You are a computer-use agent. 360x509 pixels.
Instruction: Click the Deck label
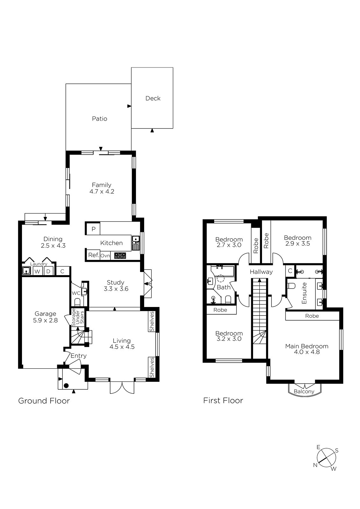coord(153,98)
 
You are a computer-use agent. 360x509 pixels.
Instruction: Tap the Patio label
coord(99,119)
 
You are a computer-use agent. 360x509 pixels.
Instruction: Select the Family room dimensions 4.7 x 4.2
coord(102,192)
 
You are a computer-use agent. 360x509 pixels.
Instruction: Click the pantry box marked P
coord(94,229)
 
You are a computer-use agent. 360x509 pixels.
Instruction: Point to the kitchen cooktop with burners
coord(120,256)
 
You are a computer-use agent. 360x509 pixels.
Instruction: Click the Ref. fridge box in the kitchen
coord(94,255)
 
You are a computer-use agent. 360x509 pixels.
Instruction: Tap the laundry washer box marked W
coord(38,271)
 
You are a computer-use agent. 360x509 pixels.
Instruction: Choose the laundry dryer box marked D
coord(48,271)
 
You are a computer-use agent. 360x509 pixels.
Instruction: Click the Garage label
coord(45,314)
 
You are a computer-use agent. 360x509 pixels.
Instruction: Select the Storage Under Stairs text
coord(78,317)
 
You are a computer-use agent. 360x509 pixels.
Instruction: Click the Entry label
coord(78,356)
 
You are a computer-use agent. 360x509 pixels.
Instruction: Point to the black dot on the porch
coord(66,386)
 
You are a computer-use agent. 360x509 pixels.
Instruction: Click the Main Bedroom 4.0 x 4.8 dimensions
coord(307,352)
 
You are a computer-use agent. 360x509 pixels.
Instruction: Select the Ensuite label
coord(304,293)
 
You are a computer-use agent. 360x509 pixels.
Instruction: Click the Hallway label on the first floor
coord(261,272)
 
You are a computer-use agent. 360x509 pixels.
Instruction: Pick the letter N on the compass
coord(315,465)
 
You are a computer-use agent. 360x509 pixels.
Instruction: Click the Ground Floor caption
coord(44,407)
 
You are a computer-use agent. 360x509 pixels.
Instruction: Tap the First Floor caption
coord(223,407)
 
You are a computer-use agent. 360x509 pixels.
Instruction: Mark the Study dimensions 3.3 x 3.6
coord(116,289)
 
